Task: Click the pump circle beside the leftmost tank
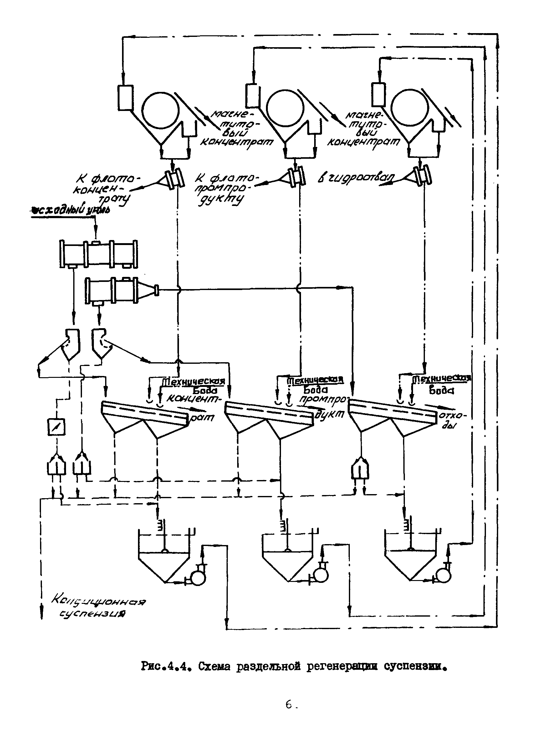tap(198, 578)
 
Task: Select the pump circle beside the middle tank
tap(320, 576)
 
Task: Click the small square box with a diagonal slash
tap(56, 427)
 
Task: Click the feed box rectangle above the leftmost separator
tap(125, 98)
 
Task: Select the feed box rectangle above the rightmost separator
tap(379, 94)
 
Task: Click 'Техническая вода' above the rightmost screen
tap(441, 383)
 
